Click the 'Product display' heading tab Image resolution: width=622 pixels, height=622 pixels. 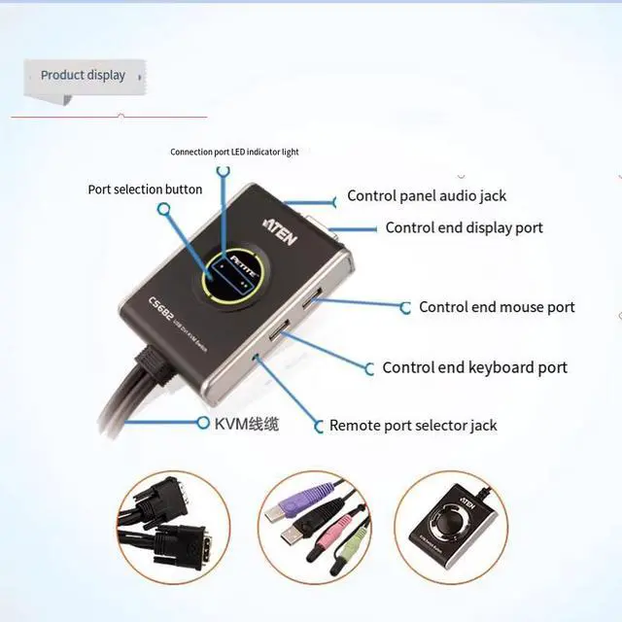(x=83, y=75)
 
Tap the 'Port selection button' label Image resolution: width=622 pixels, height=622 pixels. (x=145, y=190)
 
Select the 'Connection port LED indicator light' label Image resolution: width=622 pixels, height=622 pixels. (x=234, y=152)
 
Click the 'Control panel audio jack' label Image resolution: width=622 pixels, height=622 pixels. (x=427, y=196)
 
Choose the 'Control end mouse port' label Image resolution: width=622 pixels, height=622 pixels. (x=497, y=307)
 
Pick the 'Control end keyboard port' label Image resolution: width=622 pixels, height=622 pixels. (x=474, y=367)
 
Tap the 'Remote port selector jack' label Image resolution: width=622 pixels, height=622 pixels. (x=413, y=425)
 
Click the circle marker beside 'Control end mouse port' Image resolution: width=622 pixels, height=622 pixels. (x=406, y=307)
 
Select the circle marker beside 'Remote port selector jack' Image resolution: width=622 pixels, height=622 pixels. (x=319, y=425)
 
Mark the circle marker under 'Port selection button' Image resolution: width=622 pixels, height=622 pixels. (x=165, y=209)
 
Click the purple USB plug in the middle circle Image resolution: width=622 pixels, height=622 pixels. (x=310, y=495)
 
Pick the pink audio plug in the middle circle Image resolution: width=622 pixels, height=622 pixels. (x=337, y=531)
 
